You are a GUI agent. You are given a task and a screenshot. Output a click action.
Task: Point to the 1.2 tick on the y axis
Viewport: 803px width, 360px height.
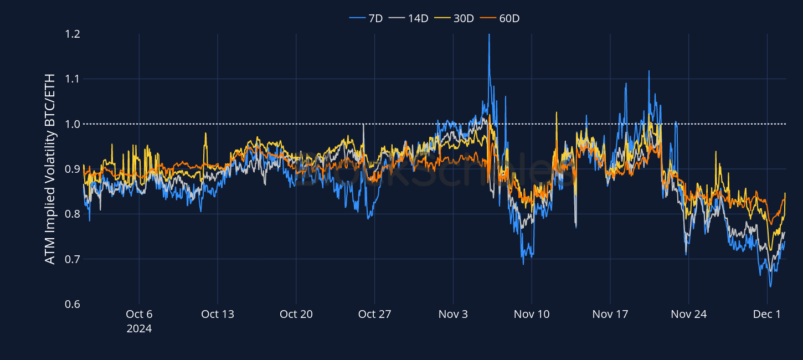coord(73,34)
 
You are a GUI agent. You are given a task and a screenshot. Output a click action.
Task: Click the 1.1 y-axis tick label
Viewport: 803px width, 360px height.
coord(73,79)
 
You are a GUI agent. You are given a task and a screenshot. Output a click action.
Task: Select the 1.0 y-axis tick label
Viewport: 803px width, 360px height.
coord(73,124)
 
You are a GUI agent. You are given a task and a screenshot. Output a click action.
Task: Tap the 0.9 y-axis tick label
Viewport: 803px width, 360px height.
coord(73,169)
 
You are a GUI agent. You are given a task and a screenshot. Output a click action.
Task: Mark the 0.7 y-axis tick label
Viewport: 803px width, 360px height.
coord(73,259)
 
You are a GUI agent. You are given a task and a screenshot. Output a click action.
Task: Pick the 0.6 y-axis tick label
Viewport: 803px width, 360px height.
coord(73,304)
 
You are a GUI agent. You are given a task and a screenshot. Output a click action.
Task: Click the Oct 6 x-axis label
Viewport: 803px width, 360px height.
coord(139,314)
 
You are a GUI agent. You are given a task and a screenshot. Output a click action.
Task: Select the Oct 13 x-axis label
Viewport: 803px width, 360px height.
coord(218,314)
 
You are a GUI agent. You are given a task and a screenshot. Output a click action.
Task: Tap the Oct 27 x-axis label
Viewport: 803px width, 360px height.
coord(375,314)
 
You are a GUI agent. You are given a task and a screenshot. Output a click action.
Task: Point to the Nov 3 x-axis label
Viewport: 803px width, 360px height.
coord(453,314)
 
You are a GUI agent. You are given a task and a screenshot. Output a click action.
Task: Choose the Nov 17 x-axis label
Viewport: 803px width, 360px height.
coord(610,314)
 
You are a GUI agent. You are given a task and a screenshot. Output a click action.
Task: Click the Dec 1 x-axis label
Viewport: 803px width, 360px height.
coord(768,314)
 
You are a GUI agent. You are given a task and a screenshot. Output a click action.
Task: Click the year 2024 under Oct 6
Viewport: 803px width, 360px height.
coord(139,328)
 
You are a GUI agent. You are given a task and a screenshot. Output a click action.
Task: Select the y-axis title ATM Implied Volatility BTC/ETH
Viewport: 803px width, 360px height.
coord(50,169)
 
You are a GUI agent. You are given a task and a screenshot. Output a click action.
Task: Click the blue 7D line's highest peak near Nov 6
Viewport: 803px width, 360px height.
coord(489,35)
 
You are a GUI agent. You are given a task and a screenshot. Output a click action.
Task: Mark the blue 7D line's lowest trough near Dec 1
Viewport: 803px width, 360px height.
coord(770,286)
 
